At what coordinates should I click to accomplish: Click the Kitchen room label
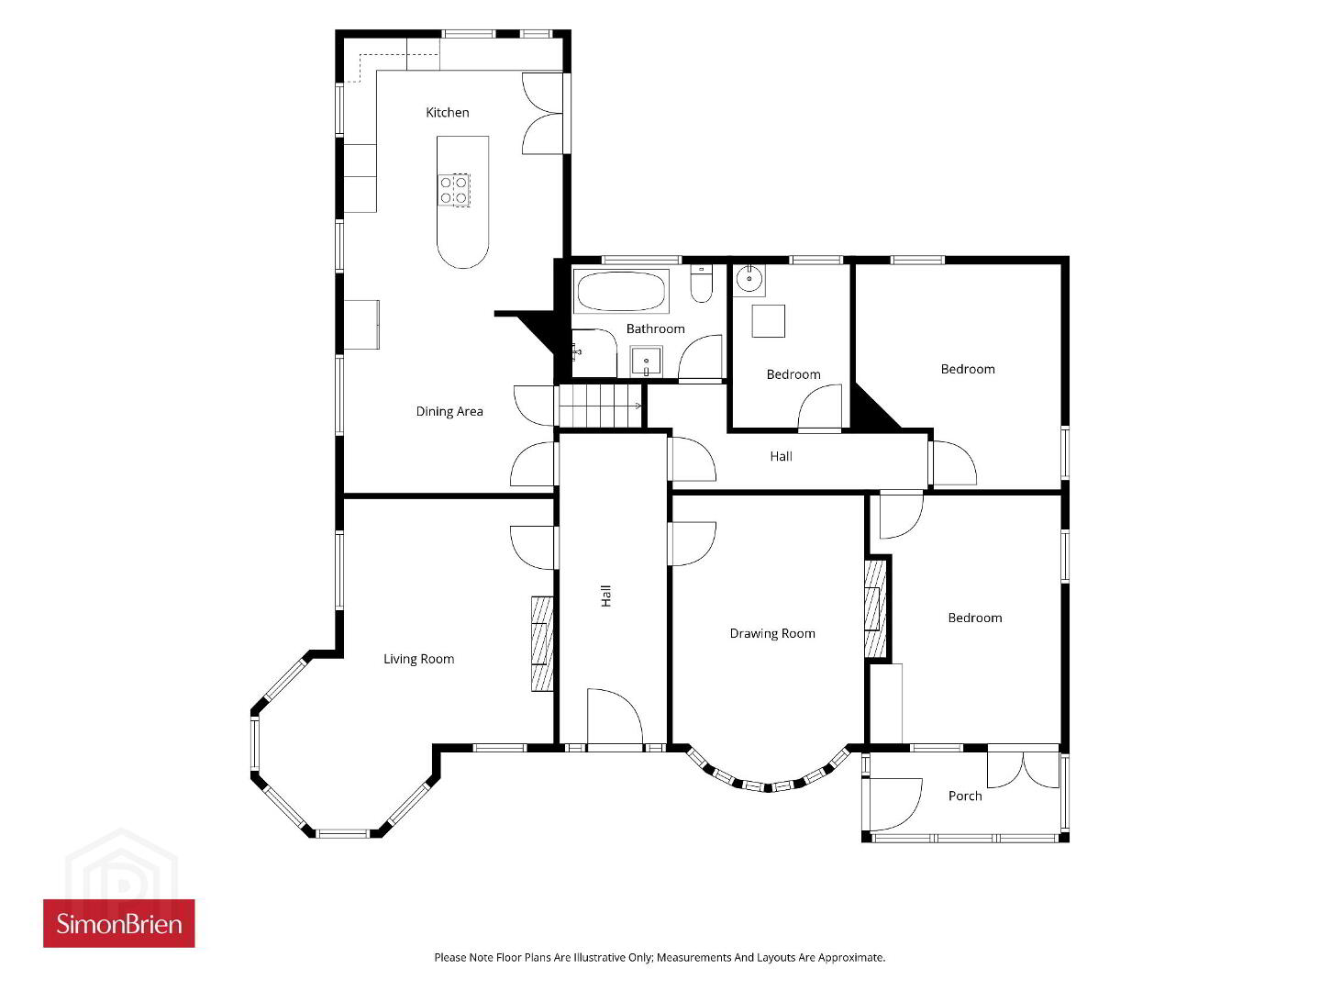coord(447,113)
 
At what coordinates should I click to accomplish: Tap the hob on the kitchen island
coord(453,190)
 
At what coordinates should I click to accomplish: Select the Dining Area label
coord(449,411)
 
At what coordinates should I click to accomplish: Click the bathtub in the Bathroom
coord(621,291)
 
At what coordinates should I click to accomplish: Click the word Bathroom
coord(655,328)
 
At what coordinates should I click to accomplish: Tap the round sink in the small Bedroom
coord(749,280)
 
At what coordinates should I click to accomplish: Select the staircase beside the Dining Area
coord(600,406)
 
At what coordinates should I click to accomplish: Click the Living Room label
coord(418,659)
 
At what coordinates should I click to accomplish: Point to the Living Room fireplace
coord(542,643)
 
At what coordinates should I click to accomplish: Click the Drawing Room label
coord(772,633)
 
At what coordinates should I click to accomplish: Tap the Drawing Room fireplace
coord(875,608)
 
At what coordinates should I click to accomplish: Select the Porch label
coord(965,796)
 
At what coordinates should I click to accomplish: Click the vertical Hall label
coord(606,596)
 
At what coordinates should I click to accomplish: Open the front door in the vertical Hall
coord(615,718)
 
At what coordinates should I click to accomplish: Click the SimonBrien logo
coord(119,924)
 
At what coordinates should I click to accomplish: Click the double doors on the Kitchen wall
coord(543,114)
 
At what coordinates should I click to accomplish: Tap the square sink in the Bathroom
coord(646,361)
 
